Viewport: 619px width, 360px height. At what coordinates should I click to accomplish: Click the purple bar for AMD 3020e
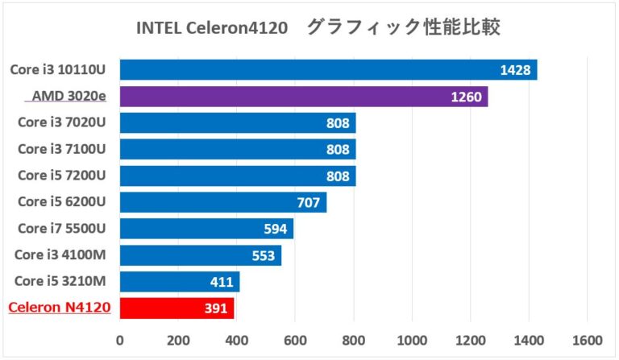(x=303, y=97)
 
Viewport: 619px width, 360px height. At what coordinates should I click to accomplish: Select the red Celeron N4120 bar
(x=177, y=308)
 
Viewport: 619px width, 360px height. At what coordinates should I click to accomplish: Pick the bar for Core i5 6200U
(x=223, y=202)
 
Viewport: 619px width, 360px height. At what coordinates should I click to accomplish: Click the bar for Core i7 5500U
(x=206, y=229)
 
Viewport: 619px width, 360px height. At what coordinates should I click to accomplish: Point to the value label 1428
(x=515, y=70)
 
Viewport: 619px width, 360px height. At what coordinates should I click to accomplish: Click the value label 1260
(x=466, y=97)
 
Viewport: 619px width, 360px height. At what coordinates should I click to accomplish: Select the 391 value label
(x=216, y=308)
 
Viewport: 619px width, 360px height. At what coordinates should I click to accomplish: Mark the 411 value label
(x=222, y=282)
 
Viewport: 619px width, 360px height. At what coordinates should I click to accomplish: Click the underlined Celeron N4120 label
(x=58, y=308)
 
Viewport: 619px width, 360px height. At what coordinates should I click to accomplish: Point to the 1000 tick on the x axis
(x=412, y=341)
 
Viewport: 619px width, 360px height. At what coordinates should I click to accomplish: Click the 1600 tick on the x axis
(x=587, y=341)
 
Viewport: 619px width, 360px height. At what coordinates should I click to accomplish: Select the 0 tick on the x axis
(x=120, y=341)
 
